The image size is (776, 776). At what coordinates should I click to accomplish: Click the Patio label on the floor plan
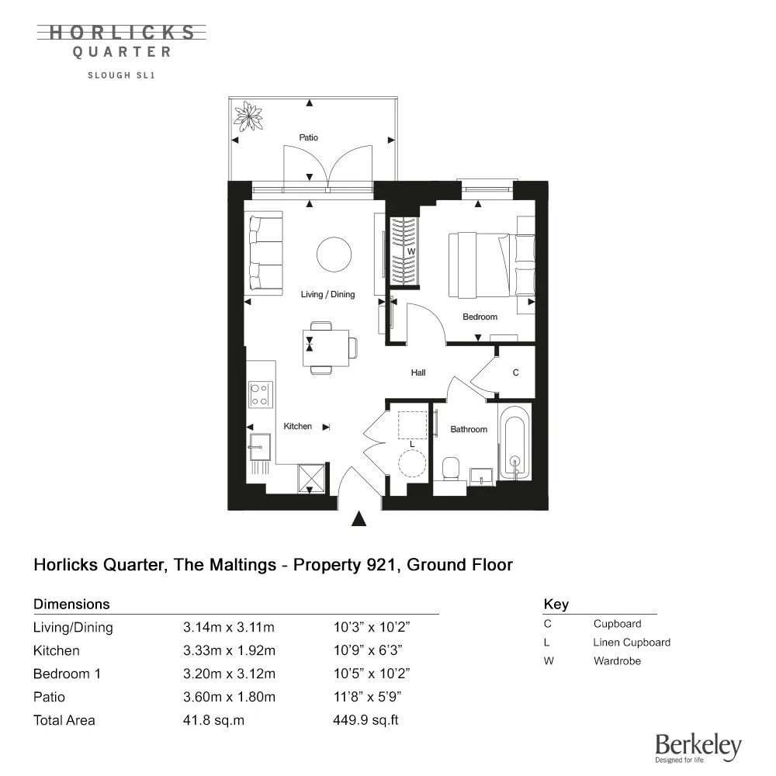[308, 137]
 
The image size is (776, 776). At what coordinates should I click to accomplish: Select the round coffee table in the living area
[334, 255]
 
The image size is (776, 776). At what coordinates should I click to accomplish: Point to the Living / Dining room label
[327, 295]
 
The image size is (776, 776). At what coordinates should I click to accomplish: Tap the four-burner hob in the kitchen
[259, 395]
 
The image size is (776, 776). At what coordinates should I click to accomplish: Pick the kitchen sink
[258, 444]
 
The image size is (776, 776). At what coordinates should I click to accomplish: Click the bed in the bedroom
[491, 265]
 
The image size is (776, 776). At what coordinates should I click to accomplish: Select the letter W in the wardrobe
[412, 251]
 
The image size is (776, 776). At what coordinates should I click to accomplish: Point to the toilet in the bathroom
[449, 468]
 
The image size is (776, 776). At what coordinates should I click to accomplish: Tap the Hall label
[418, 373]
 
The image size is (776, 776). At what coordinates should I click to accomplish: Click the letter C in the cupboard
[515, 373]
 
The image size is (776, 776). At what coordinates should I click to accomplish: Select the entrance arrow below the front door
[359, 519]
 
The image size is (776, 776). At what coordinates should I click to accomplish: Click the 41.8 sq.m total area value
[213, 720]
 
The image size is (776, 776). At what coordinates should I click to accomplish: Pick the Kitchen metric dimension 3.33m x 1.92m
[228, 650]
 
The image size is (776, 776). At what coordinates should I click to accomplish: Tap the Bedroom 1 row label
[67, 674]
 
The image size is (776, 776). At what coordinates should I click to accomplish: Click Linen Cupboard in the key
[631, 643]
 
